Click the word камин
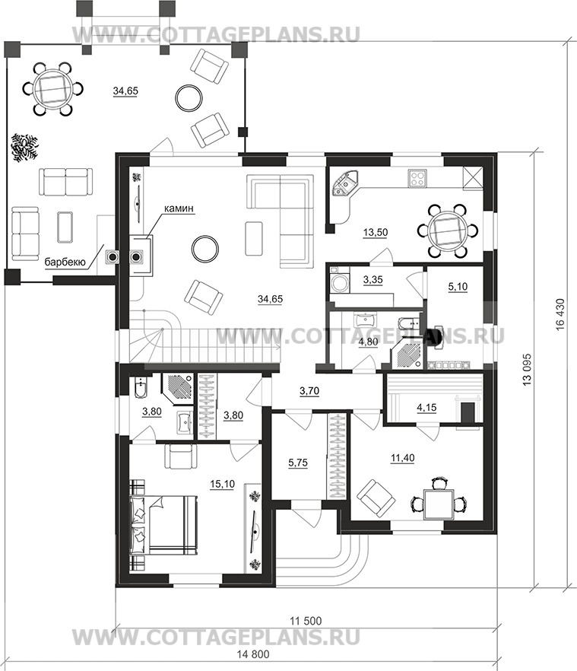pyautogui.click(x=178, y=208)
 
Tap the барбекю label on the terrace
pyautogui.click(x=66, y=262)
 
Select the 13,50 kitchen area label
pyautogui.click(x=375, y=232)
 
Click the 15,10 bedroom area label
pyautogui.click(x=222, y=484)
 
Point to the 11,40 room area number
pyautogui.click(x=402, y=458)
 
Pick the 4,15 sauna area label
pyautogui.click(x=426, y=408)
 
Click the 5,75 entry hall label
pyautogui.click(x=298, y=463)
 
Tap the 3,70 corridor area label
pyautogui.click(x=309, y=391)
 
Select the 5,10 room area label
pyautogui.click(x=458, y=287)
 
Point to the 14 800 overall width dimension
pyautogui.click(x=253, y=654)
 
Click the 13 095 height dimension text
pyautogui.click(x=527, y=369)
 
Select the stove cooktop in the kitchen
pyautogui.click(x=417, y=178)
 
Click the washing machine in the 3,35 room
pyautogui.click(x=340, y=282)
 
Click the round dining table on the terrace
pyautogui.click(x=52, y=89)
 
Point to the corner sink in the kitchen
pyautogui.click(x=346, y=184)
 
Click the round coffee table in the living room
pyautogui.click(x=205, y=249)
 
